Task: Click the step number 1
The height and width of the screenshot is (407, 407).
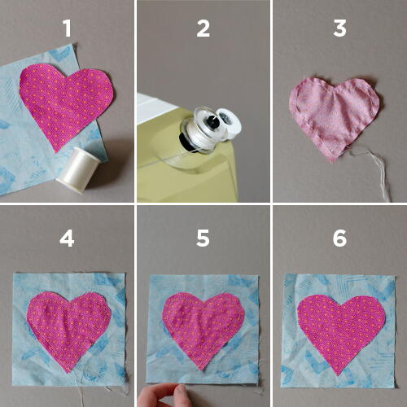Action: [x=68, y=28]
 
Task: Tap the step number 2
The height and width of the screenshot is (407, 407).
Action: [x=203, y=28]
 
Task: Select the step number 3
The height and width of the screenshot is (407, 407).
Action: [x=339, y=28]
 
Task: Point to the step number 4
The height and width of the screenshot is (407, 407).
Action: [x=67, y=239]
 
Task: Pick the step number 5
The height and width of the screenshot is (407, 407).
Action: [x=203, y=239]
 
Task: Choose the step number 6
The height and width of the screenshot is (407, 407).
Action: [x=339, y=239]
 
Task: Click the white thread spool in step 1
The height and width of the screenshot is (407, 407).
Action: [x=79, y=170]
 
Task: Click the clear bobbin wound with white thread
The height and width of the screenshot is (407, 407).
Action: [x=201, y=130]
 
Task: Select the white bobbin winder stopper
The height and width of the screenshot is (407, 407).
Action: [x=230, y=122]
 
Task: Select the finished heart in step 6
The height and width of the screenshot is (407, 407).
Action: [x=341, y=332]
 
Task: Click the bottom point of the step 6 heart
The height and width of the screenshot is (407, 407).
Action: [x=338, y=376]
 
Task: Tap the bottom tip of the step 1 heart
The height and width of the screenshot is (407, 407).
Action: [x=56, y=152]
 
